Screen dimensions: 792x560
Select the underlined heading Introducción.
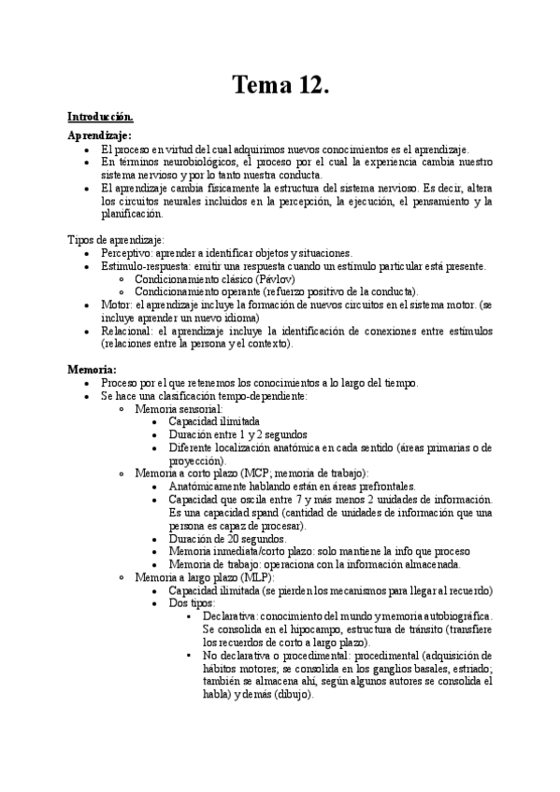click(x=100, y=117)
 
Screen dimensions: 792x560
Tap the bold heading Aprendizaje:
click(x=99, y=135)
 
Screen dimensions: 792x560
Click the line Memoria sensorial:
click(x=179, y=408)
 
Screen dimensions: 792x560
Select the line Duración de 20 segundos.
click(x=227, y=538)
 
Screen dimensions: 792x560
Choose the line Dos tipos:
click(x=193, y=603)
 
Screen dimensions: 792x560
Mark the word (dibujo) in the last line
click(x=294, y=694)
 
